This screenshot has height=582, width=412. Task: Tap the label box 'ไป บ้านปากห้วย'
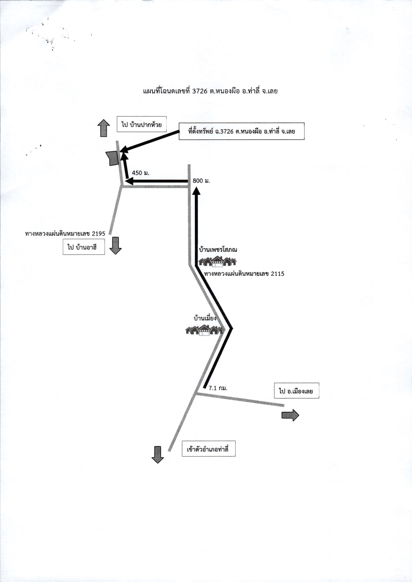click(x=141, y=124)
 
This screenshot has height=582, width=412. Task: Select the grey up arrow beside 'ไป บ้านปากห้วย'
click(x=103, y=128)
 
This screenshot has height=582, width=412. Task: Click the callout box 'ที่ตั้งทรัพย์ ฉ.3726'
click(x=241, y=131)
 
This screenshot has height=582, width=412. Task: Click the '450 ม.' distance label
click(x=140, y=173)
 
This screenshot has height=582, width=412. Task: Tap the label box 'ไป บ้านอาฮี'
click(x=84, y=247)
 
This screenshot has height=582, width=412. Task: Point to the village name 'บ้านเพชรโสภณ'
click(x=218, y=250)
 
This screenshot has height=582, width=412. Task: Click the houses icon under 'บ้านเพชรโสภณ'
click(x=217, y=262)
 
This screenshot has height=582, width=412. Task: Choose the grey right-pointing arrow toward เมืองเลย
click(x=290, y=415)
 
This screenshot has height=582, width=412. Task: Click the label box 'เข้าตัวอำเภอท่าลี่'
click(x=208, y=449)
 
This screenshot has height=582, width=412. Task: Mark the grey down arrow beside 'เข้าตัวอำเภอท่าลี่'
click(x=158, y=455)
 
